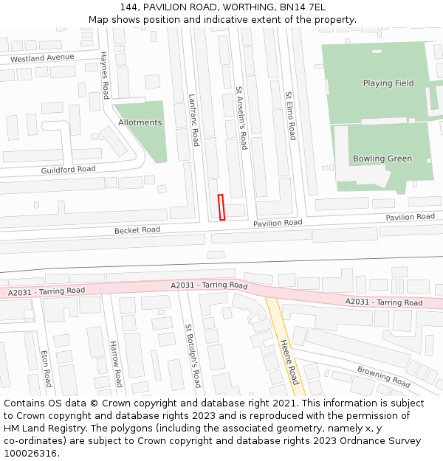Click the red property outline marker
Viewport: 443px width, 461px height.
tap(221, 207)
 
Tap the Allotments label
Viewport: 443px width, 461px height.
tap(140, 122)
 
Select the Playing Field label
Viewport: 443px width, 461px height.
tap(388, 83)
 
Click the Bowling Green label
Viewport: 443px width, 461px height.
tap(382, 159)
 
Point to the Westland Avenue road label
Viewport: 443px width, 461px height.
tap(42, 58)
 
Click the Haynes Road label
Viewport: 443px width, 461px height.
tap(105, 75)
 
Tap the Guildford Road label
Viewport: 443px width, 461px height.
tap(68, 170)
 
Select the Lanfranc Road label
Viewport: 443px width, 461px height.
tap(194, 119)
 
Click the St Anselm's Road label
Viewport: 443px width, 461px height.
tap(241, 118)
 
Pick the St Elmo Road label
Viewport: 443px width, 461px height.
tap(291, 116)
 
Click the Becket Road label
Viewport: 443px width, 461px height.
tap(137, 230)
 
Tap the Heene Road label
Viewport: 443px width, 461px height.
tap(289, 361)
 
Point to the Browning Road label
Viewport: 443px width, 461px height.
tap(383, 377)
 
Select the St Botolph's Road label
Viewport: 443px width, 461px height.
tap(193, 356)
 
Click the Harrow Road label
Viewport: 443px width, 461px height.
tap(115, 364)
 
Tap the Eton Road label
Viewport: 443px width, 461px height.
tap(46, 369)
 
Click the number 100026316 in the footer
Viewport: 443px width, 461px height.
tap(30, 453)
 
